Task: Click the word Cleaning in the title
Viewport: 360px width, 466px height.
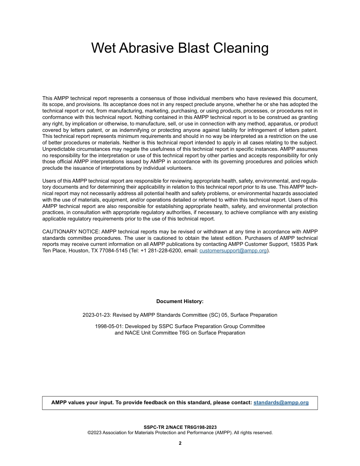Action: coord(241,48)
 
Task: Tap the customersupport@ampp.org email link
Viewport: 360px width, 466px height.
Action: coord(233,250)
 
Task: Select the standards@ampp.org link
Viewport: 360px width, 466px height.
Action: coord(281,402)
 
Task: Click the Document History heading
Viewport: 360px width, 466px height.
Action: coord(180,301)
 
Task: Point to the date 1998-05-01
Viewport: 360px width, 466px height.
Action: coord(108,326)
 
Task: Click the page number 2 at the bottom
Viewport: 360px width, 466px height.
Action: coord(180,443)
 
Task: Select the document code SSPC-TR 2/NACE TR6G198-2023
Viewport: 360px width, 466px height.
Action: coord(180,427)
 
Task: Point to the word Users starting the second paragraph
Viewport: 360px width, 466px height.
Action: coord(49,181)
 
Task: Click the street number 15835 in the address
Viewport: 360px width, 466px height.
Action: coord(297,244)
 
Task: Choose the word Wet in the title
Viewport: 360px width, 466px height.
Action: coord(103,48)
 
